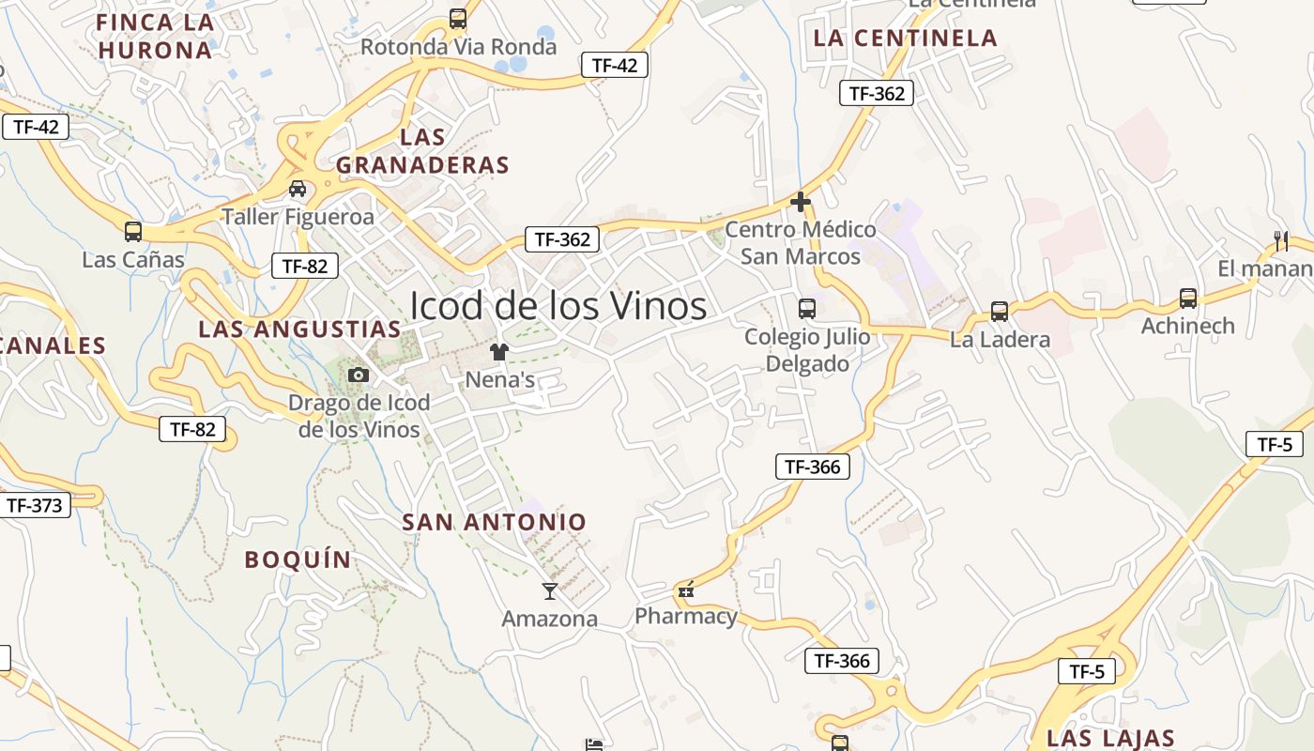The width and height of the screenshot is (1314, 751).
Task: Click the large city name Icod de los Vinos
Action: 558,306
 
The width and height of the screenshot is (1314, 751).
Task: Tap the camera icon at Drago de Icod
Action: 359,375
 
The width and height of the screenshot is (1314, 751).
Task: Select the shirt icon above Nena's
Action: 498,352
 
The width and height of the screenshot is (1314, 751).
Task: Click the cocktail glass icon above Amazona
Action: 550,590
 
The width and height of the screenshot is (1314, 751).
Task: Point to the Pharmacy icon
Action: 686,590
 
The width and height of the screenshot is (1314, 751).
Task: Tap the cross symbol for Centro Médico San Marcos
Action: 801,202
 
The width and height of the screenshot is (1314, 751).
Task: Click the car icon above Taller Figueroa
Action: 298,189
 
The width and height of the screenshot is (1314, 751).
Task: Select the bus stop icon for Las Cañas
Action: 133,231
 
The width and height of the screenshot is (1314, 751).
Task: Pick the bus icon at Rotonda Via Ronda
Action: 458,18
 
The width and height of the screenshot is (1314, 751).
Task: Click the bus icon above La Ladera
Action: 1000,312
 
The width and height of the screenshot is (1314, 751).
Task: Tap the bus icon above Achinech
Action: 1188,299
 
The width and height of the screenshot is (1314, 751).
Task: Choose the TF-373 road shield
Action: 35,506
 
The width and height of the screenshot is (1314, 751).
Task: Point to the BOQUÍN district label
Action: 298,559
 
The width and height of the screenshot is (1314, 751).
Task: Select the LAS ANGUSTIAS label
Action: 300,330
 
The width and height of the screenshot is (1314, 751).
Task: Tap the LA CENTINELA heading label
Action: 905,38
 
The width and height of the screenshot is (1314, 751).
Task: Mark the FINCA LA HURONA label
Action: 155,36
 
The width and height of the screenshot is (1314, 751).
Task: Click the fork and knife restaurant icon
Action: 1281,241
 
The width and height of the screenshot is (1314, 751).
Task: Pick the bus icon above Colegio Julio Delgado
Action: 806,308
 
